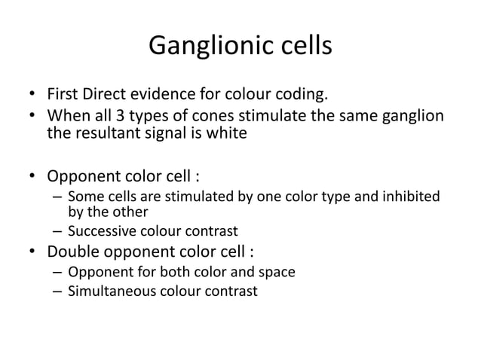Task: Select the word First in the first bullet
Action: [x=65, y=96]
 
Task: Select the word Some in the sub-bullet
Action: [x=83, y=197]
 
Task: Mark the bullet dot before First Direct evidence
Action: [x=32, y=96]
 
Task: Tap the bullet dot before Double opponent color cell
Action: [x=32, y=252]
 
